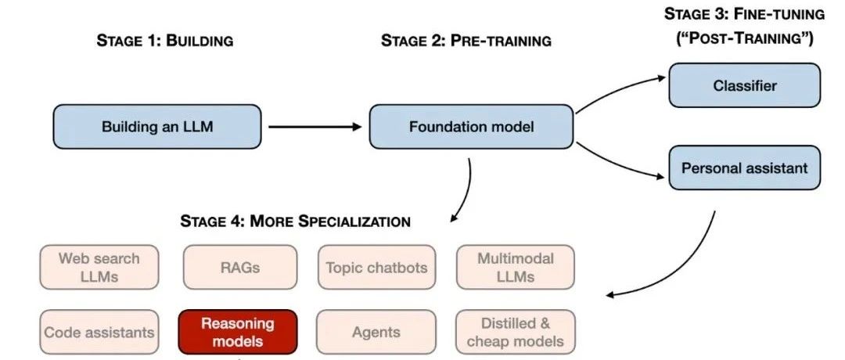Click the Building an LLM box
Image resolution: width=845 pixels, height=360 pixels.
point(156,126)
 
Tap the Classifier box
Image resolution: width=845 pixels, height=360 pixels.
point(744,85)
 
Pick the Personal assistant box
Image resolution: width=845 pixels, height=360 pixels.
point(744,167)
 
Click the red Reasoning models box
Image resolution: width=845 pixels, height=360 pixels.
point(238,332)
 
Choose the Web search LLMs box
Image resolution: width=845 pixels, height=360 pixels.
point(99,267)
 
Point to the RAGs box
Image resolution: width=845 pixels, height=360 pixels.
point(239,267)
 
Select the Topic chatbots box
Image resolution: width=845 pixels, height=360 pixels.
point(376,267)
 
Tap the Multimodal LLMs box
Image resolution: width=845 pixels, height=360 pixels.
point(515,267)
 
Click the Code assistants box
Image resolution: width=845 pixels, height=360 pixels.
point(99,332)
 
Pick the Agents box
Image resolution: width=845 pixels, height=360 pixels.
point(376,332)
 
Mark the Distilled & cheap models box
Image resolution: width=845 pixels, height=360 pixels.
point(515,332)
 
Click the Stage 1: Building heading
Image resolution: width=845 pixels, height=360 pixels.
point(164,41)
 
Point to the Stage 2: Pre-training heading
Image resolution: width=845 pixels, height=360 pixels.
point(466,41)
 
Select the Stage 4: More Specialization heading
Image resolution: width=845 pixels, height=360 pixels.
point(295,221)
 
